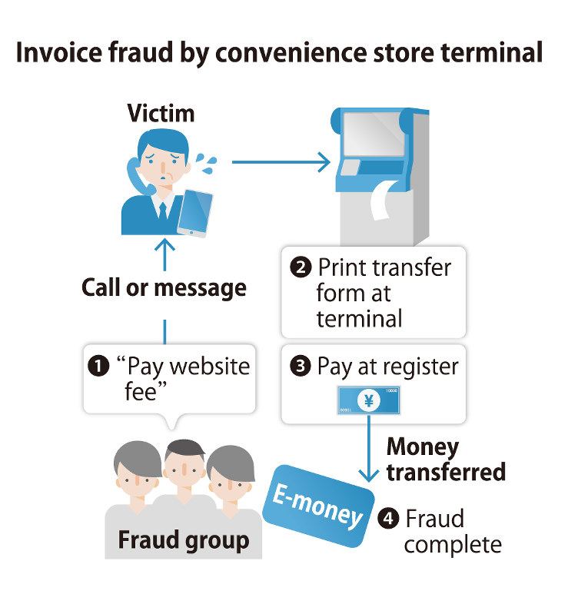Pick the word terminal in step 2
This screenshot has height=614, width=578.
pos(359,318)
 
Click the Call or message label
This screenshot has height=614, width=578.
pos(164,289)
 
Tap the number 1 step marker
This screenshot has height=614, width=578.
pos(98,365)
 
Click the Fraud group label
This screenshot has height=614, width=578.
pos(183,540)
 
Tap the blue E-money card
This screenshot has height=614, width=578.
pos(316,507)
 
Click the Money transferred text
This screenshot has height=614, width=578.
pos(444,459)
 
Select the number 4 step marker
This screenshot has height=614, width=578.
pos(389,519)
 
